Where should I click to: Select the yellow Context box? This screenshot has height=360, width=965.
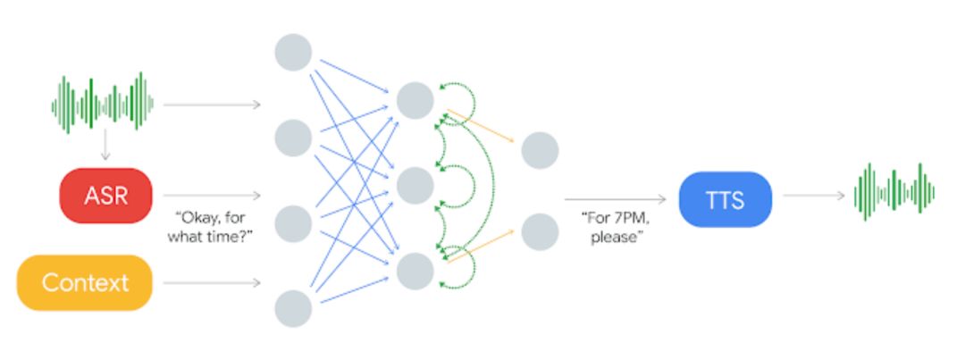tap(85, 283)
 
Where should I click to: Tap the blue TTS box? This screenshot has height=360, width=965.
tap(725, 199)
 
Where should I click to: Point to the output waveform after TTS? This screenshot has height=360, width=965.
tap(894, 192)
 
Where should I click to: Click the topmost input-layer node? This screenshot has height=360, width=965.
tap(293, 52)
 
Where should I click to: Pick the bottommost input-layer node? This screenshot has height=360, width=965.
tap(293, 309)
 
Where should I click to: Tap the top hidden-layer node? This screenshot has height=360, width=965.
tap(415, 101)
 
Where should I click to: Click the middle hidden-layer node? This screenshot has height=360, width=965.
tap(415, 186)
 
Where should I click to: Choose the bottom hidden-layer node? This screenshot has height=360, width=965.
tap(415, 271)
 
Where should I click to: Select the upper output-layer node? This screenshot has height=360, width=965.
tap(540, 149)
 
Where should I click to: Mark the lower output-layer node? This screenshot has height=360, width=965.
tap(540, 231)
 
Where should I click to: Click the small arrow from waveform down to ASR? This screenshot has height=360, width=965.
tap(105, 145)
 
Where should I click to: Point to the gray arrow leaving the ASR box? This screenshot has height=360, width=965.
tap(212, 195)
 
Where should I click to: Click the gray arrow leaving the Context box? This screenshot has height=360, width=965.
tap(212, 283)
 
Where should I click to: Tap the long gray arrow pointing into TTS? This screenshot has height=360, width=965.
tap(616, 199)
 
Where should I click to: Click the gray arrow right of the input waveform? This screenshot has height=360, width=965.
tap(212, 105)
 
